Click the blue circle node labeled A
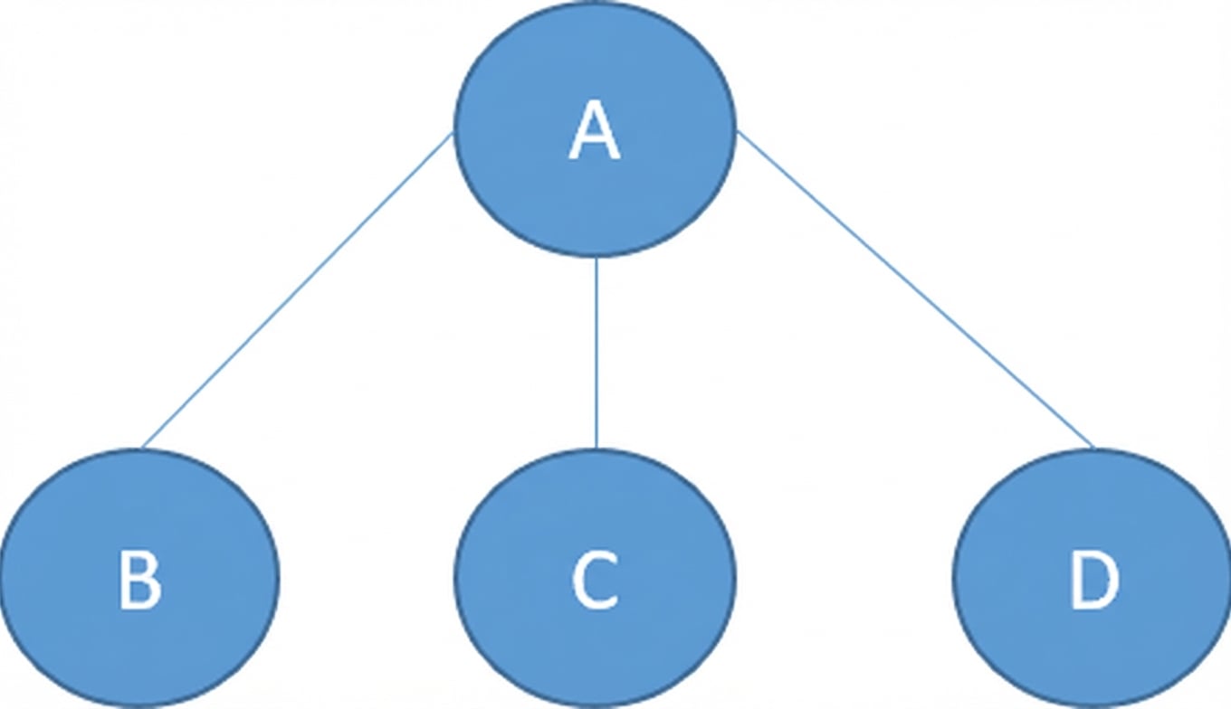coord(595,129)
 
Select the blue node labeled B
coord(139,578)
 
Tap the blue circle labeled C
coord(595,578)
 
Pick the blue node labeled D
coord(1092,578)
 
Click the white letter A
coord(595,131)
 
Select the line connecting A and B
coord(297,290)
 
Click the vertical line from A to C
coord(596,353)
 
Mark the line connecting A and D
coord(915,289)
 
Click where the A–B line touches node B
coord(142,449)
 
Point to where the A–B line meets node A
coord(453,134)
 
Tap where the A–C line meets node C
coord(596,449)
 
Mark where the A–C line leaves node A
coord(596,257)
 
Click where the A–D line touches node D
coord(1093,449)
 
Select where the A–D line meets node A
coord(737,131)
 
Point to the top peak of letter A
coord(595,102)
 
